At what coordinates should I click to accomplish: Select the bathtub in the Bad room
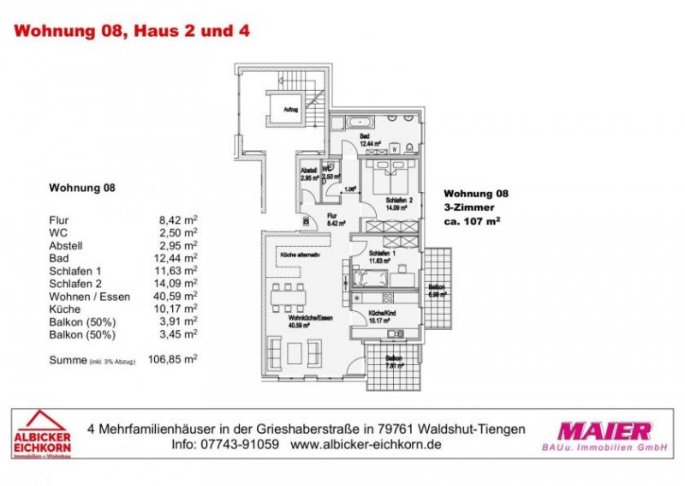[352, 122]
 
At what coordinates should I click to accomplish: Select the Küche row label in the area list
[64, 309]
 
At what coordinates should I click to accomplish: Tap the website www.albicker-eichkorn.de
[366, 446]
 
